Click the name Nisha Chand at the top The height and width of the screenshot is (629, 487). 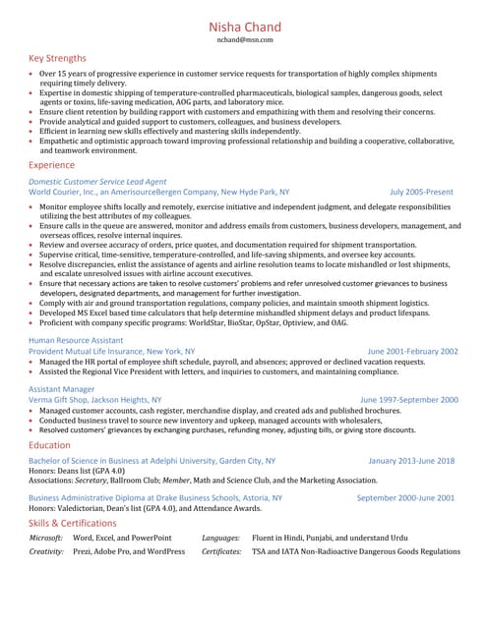244,27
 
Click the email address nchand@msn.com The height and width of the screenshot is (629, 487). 244,40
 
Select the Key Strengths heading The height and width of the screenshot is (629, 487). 57,58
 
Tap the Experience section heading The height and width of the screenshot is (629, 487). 51,166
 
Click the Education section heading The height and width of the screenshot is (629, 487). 49,445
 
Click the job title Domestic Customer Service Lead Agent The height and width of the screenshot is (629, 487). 97,182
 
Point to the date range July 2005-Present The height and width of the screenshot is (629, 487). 421,193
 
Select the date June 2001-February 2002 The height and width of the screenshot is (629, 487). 412,351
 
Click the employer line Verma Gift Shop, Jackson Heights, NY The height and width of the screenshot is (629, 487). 95,400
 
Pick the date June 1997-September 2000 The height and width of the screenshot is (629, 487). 408,400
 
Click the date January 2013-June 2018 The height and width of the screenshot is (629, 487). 411,460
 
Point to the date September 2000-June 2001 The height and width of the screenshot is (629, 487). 405,498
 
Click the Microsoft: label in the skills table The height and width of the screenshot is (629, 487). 46,539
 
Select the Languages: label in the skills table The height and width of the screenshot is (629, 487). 221,539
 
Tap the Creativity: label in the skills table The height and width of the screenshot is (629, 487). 46,552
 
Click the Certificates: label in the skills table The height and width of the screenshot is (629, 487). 221,552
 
